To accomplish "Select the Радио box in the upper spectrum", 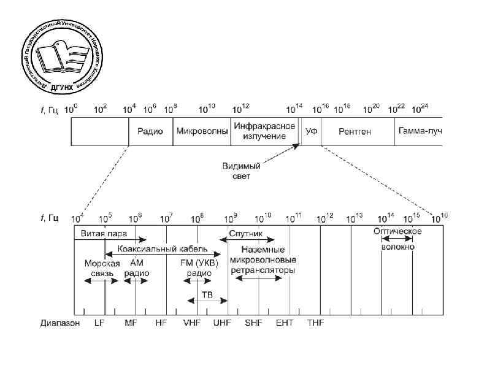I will [x=150, y=131].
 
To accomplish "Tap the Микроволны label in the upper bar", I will [x=202, y=131].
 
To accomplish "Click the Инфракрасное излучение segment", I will [x=259, y=131].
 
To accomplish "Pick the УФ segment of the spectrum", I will [x=311, y=131].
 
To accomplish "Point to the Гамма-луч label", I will [x=420, y=131].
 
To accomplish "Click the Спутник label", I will [x=245, y=233].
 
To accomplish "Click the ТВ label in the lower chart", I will [x=207, y=294].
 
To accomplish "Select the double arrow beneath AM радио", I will [x=136, y=281].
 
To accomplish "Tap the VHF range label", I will [x=192, y=322].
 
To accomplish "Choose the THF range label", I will [x=315, y=322].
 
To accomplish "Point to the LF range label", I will [x=100, y=322].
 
